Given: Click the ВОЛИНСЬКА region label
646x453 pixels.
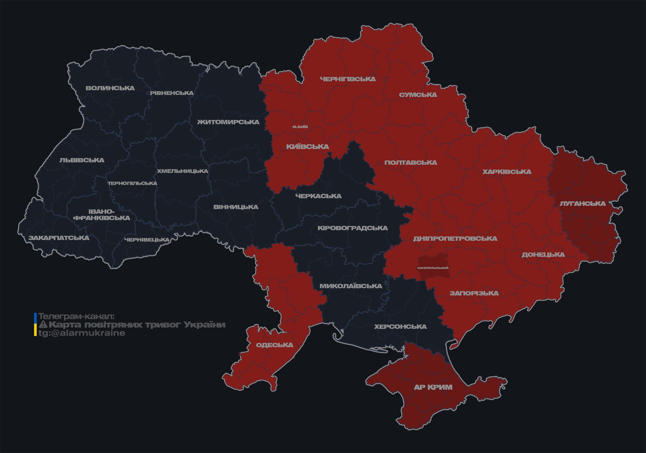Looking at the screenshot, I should (x=110, y=88).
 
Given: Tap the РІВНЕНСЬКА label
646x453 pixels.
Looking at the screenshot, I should (x=172, y=93).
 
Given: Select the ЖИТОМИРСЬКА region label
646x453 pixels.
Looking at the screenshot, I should (x=228, y=122).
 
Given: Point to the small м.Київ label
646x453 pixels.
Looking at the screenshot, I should (x=300, y=127).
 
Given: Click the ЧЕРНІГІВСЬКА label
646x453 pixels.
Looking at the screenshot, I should (x=348, y=79).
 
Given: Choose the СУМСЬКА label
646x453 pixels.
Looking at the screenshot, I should (x=418, y=95).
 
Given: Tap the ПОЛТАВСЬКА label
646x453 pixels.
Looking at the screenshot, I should (x=411, y=163).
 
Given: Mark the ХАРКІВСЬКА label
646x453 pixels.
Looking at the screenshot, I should (x=507, y=172).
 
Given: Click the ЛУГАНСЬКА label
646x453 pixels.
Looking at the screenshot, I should (x=582, y=204).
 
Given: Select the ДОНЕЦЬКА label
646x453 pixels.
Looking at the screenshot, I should (x=543, y=255).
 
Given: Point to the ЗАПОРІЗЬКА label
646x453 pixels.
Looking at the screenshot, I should (x=474, y=293).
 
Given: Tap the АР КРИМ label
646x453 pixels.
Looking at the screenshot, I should (x=433, y=387).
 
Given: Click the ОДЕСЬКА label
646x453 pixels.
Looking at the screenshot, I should (x=274, y=345).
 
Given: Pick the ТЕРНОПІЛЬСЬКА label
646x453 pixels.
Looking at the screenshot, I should (x=132, y=183).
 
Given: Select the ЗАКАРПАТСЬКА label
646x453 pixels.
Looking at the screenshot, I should (x=59, y=238).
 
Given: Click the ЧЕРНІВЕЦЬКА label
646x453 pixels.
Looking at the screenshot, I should (x=147, y=240).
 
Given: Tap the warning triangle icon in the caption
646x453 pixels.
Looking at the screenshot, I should (x=43, y=325).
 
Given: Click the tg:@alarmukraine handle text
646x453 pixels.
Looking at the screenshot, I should (x=82, y=333).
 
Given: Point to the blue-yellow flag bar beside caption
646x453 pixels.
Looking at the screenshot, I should (x=35, y=325).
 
